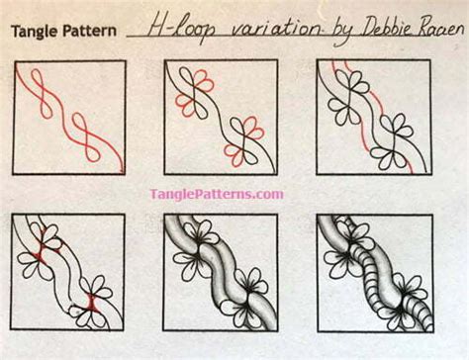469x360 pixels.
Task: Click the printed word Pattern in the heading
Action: click(89, 31)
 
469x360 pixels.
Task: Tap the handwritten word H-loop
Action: click(181, 29)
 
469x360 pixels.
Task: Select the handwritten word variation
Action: click(274, 29)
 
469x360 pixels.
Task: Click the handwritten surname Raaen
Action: click(439, 29)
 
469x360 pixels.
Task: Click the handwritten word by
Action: click(339, 33)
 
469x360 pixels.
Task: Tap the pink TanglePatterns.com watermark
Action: click(217, 194)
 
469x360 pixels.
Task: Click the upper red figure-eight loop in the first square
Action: click(42, 93)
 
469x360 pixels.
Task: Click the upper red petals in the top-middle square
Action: click(204, 81)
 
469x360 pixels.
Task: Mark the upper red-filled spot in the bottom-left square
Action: click(42, 248)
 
